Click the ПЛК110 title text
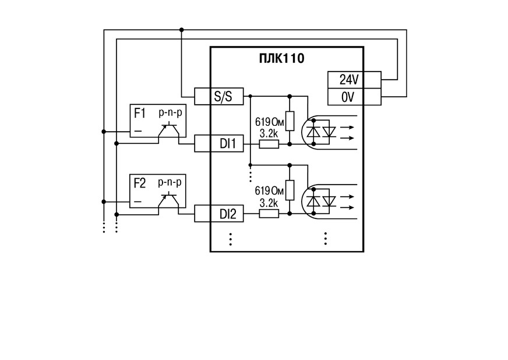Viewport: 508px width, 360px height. tap(281, 59)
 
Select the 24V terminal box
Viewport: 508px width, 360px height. tap(354, 80)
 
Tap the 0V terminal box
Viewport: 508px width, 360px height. tap(354, 97)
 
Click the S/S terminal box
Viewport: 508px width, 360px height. tap(219, 96)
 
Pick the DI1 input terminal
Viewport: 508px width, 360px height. tap(219, 143)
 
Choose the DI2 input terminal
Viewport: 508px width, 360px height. tap(219, 214)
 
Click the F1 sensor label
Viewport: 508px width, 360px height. tap(140, 114)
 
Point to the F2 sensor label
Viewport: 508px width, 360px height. tap(140, 183)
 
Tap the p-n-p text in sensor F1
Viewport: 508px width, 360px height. tap(171, 113)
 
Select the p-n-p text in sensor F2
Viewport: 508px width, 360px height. tap(170, 182)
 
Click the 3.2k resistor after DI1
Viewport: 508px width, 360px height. tap(269, 144)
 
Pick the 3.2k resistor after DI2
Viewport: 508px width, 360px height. tap(269, 214)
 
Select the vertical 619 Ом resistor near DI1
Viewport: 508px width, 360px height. tap(290, 121)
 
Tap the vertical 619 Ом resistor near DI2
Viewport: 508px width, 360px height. tap(290, 190)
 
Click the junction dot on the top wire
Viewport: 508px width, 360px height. tap(181, 30)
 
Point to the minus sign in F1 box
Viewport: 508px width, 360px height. tap(137, 131)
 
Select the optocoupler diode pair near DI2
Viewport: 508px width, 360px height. tap(322, 201)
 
